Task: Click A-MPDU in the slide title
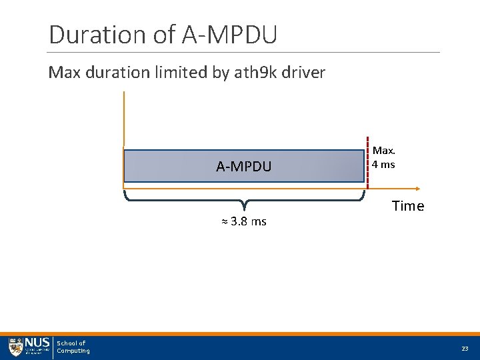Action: (x=229, y=35)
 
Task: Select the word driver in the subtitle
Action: (x=305, y=73)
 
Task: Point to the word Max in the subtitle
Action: (x=64, y=73)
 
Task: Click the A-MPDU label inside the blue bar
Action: (x=244, y=167)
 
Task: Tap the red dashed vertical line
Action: (x=368, y=160)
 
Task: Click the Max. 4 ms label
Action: (x=384, y=158)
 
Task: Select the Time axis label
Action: (x=408, y=206)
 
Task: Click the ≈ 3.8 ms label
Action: (x=244, y=222)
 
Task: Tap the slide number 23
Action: (x=464, y=349)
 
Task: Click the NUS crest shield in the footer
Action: (x=15, y=347)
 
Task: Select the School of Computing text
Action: (x=73, y=347)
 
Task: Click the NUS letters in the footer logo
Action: (x=37, y=343)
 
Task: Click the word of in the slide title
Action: (x=165, y=35)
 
